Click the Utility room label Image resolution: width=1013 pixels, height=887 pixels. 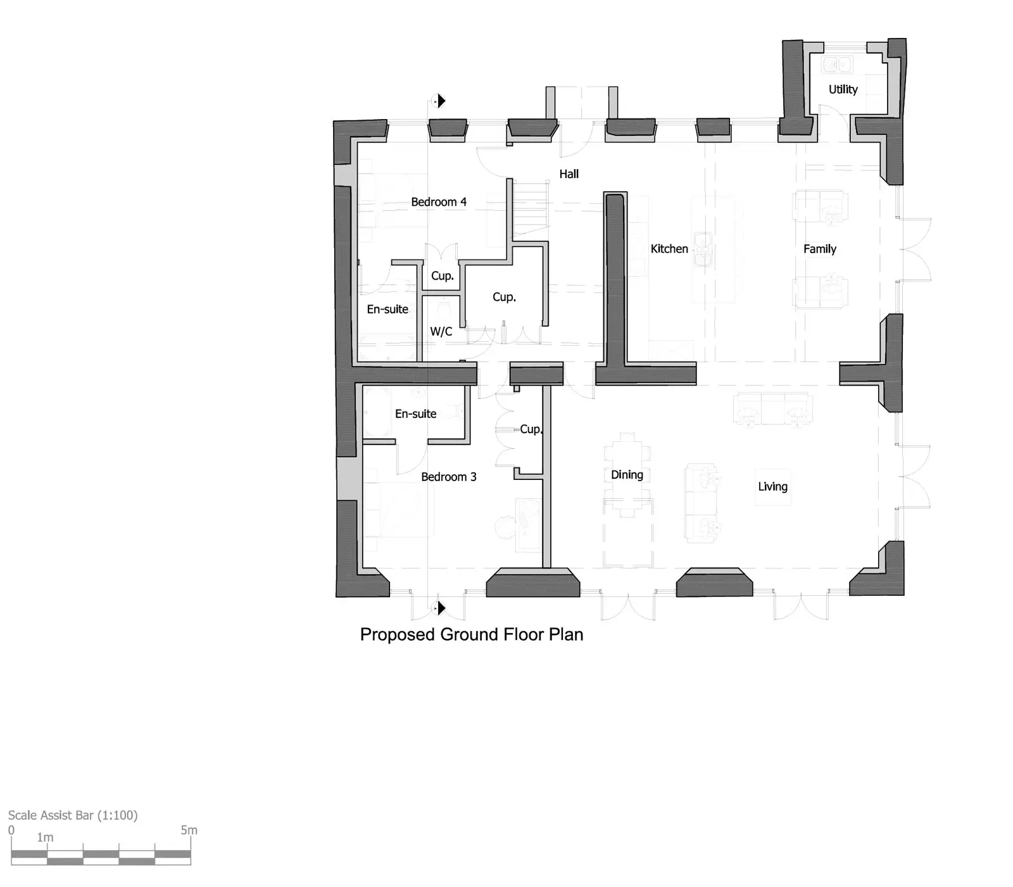click(843, 89)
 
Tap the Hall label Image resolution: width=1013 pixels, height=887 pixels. click(569, 173)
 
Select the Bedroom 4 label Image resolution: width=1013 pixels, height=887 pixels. click(439, 202)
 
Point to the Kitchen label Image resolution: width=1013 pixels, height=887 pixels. click(669, 249)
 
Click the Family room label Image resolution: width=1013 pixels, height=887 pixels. click(820, 249)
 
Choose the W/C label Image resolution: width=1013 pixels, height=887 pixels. click(441, 331)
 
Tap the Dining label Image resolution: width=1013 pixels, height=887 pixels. click(627, 475)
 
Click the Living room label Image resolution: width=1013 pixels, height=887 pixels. click(773, 486)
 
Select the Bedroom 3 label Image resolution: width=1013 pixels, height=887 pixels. click(449, 477)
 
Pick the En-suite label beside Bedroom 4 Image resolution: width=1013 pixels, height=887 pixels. click(387, 309)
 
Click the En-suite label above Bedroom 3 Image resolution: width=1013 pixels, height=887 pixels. click(416, 413)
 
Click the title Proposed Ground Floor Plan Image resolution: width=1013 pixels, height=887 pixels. click(472, 634)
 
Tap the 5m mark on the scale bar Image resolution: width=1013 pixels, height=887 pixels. click(189, 830)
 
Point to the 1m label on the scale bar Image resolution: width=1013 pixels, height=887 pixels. click(45, 837)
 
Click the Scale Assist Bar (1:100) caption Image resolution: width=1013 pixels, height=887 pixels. click(73, 815)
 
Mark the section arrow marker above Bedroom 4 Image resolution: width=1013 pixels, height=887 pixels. click(439, 101)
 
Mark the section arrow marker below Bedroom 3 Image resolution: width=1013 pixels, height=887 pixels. click(439, 608)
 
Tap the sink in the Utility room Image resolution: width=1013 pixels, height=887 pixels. click(838, 64)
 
